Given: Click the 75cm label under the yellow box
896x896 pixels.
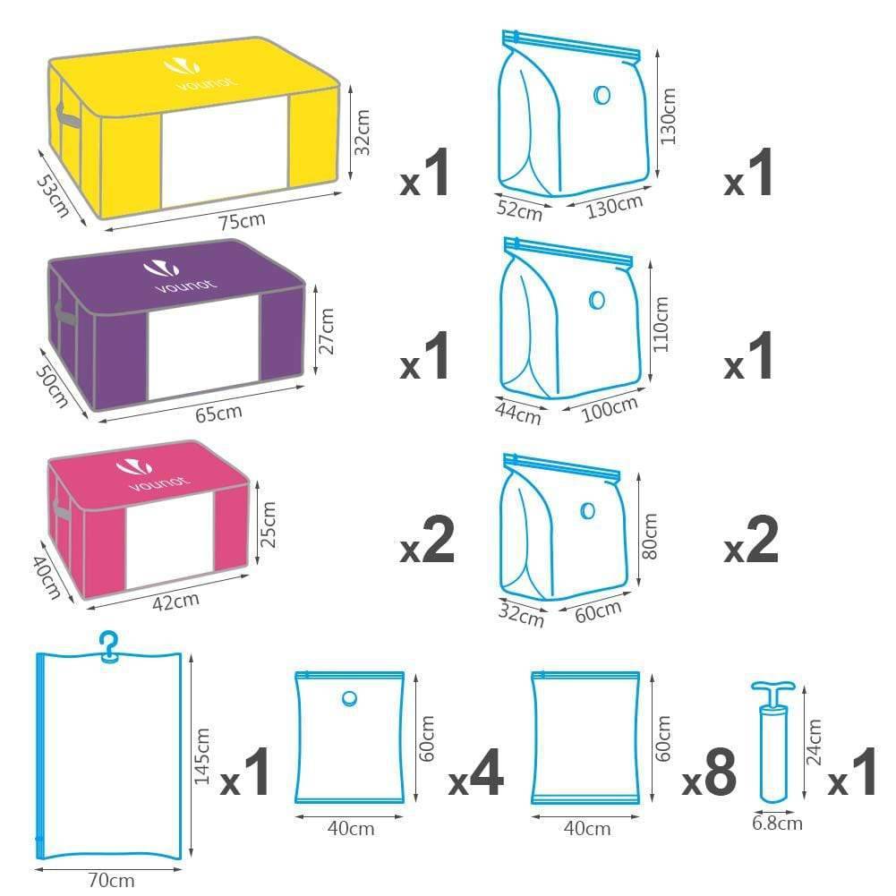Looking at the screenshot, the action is (243, 220).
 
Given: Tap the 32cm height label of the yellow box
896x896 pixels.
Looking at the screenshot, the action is (363, 132).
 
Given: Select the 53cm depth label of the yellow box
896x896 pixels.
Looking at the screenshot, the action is (53, 196).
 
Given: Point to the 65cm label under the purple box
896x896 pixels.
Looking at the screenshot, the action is (219, 413).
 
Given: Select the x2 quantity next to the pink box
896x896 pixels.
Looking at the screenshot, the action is (428, 541).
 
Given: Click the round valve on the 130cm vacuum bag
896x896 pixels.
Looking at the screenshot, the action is (602, 95).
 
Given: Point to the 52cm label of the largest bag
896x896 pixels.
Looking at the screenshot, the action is (519, 209).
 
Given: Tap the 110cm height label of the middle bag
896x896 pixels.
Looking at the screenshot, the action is (660, 324).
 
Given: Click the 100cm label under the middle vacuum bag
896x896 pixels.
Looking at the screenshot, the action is (610, 409).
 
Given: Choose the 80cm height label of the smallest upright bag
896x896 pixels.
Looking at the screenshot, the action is (650, 536).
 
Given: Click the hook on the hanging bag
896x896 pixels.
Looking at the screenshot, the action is (108, 646).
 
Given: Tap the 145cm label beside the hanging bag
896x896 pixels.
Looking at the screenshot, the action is (201, 756).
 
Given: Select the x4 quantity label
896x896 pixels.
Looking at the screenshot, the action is (476, 773).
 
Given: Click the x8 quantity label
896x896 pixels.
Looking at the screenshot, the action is (709, 773).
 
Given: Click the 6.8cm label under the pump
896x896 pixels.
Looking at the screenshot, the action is (777, 823).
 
